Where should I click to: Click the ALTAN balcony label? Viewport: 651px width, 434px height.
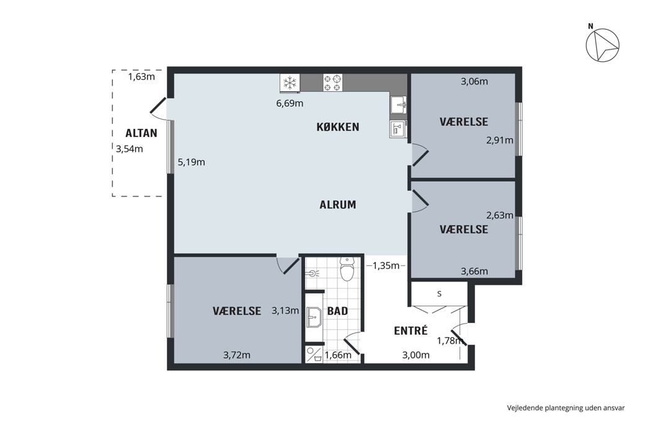(x=141, y=133)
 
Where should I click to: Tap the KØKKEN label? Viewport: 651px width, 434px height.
(x=338, y=126)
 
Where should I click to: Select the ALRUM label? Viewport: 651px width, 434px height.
(x=338, y=205)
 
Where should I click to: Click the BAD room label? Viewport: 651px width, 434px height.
(x=337, y=311)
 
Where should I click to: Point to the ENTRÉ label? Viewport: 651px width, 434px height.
(x=410, y=330)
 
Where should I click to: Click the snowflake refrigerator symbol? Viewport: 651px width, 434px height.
(x=290, y=82)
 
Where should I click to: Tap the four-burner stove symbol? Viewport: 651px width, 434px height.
(x=333, y=82)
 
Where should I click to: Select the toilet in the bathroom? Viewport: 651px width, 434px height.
(x=347, y=269)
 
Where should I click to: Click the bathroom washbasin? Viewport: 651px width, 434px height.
(x=314, y=317)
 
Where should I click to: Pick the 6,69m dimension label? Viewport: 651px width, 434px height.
(x=290, y=104)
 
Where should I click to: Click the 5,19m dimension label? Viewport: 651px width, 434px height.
(x=192, y=162)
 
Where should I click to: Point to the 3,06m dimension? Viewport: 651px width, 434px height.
(x=474, y=81)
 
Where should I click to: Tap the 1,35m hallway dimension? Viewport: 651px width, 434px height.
(x=386, y=265)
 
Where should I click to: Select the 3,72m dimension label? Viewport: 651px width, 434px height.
(x=237, y=355)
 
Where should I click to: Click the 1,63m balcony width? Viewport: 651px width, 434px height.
(x=141, y=76)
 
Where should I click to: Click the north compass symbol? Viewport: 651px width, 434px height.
(x=603, y=45)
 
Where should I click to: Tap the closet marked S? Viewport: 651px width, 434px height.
(x=439, y=294)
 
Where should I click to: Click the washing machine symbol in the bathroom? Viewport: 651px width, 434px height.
(x=314, y=354)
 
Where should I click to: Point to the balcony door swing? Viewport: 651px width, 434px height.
(x=158, y=105)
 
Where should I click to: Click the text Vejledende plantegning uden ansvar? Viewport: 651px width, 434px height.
(x=565, y=408)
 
